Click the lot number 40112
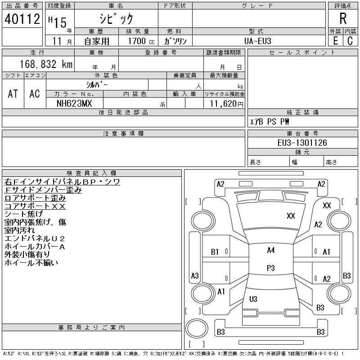(x=22, y=18)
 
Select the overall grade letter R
(x=343, y=18)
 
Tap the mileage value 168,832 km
(x=46, y=64)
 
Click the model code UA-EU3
(x=257, y=41)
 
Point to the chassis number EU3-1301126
(x=302, y=143)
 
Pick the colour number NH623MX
(x=74, y=103)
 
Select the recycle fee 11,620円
(x=226, y=104)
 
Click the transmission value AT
(x=13, y=94)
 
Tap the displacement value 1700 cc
(x=141, y=41)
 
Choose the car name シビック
(x=117, y=18)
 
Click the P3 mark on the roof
(x=271, y=268)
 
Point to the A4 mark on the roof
(x=271, y=250)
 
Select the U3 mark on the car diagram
(x=253, y=299)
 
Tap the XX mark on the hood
(x=291, y=216)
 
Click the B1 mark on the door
(x=215, y=252)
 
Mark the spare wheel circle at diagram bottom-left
(x=197, y=328)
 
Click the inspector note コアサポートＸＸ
(x=35, y=206)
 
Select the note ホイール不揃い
(x=31, y=262)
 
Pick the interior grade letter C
(x=350, y=41)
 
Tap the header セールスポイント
(x=302, y=53)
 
